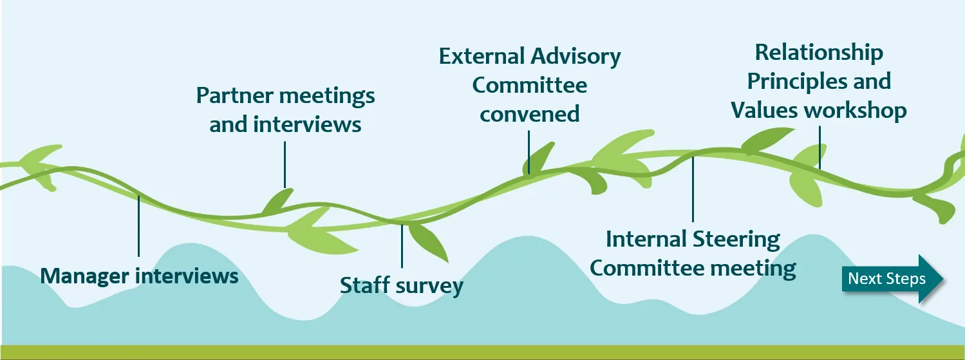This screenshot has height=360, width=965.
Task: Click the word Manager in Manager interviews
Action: pos(85,276)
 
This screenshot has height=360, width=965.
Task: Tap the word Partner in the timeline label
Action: pos(230,96)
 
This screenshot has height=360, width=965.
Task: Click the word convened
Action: pos(530,114)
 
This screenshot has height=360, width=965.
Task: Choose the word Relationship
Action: pos(819,52)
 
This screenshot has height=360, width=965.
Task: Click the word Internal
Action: pos(646,240)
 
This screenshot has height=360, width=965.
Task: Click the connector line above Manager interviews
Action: pos(138,225)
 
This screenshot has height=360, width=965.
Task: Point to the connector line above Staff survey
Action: pos(402,245)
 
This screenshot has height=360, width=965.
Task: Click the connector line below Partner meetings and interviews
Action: pos(285,164)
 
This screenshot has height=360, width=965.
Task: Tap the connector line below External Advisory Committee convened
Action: pos(529,152)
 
